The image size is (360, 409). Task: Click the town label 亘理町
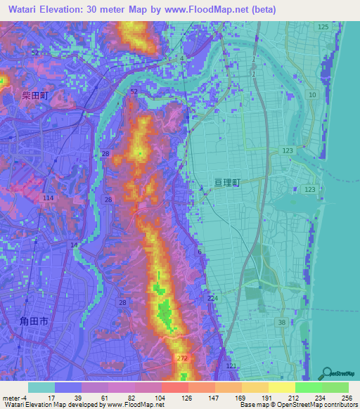[227, 182]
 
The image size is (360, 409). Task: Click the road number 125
[323, 27]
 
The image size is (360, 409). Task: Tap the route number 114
[48, 199]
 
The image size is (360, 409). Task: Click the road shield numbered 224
[213, 299]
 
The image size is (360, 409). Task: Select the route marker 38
[282, 322]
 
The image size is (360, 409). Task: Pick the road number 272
[182, 358]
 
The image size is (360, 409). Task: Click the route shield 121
[231, 368]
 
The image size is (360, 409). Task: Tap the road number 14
[75, 244]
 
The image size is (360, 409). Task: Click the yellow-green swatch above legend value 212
[282, 387]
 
